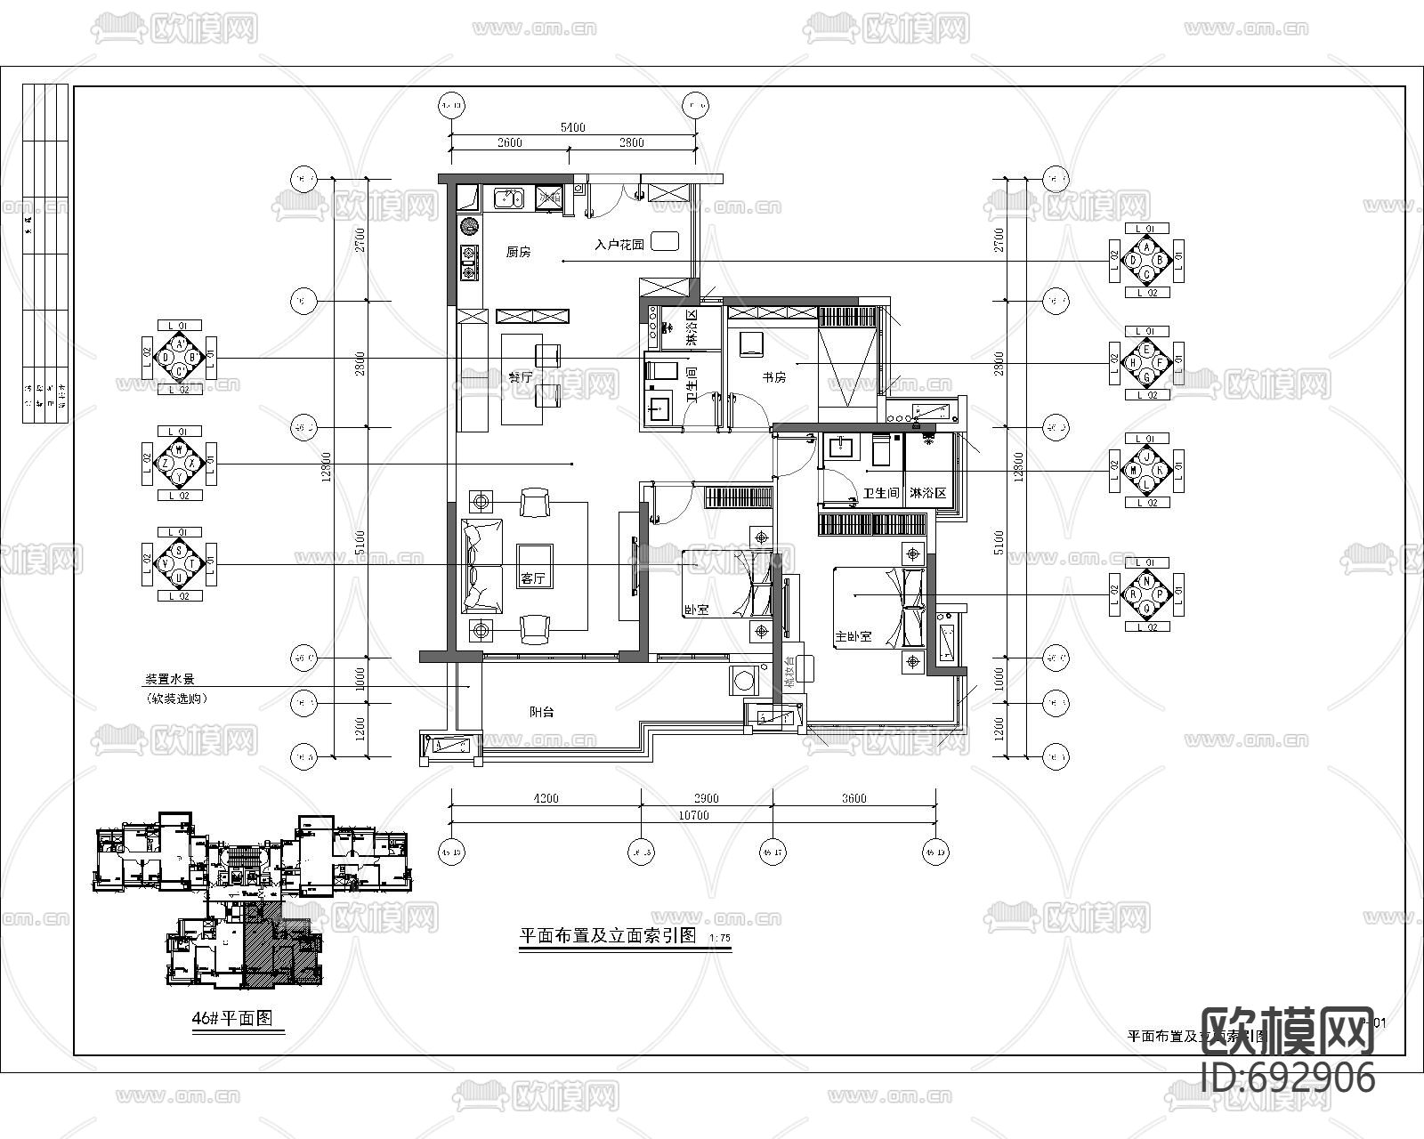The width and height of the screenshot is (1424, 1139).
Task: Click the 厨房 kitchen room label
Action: point(518,253)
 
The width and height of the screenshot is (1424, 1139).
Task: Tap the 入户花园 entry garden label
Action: point(619,244)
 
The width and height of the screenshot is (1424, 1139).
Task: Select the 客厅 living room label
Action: point(533,579)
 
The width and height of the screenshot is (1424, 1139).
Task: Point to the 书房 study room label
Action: point(773,377)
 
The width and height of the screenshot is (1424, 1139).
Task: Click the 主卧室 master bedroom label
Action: point(853,638)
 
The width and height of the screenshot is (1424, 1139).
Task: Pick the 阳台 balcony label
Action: point(541,712)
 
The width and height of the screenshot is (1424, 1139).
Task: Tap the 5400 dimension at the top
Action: point(572,127)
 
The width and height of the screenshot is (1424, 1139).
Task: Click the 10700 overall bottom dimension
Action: point(692,815)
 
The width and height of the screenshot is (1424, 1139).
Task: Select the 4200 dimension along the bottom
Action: point(546,798)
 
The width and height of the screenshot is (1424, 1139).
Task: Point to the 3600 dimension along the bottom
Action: point(854,798)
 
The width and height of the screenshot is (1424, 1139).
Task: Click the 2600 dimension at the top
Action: point(509,142)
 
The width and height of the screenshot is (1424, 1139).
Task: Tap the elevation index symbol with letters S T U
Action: point(180,564)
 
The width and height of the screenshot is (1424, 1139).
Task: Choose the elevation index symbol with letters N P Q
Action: point(1147,594)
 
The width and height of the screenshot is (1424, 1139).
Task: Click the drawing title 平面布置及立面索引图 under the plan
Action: point(607,937)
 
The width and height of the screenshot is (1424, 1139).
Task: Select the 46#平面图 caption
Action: point(232,1019)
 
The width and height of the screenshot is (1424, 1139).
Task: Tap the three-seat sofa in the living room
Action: point(481,565)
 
